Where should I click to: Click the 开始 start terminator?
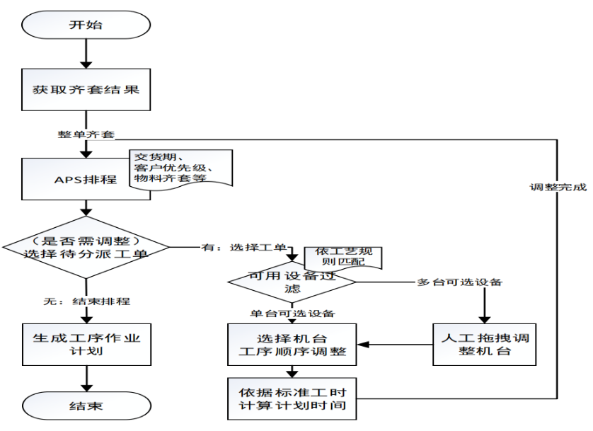tap(86, 25)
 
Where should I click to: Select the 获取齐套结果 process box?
tap(86, 91)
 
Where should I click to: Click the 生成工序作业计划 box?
tap(86, 344)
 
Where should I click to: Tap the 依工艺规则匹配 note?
tap(342, 257)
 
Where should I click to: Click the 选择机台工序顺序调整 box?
tap(293, 345)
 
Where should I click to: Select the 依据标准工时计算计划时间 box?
tap(293, 398)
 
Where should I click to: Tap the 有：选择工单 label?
tap(242, 247)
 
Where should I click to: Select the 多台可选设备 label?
tap(459, 282)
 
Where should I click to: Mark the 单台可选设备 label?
tap(292, 313)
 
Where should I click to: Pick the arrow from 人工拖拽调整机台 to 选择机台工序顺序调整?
tap(396, 345)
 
